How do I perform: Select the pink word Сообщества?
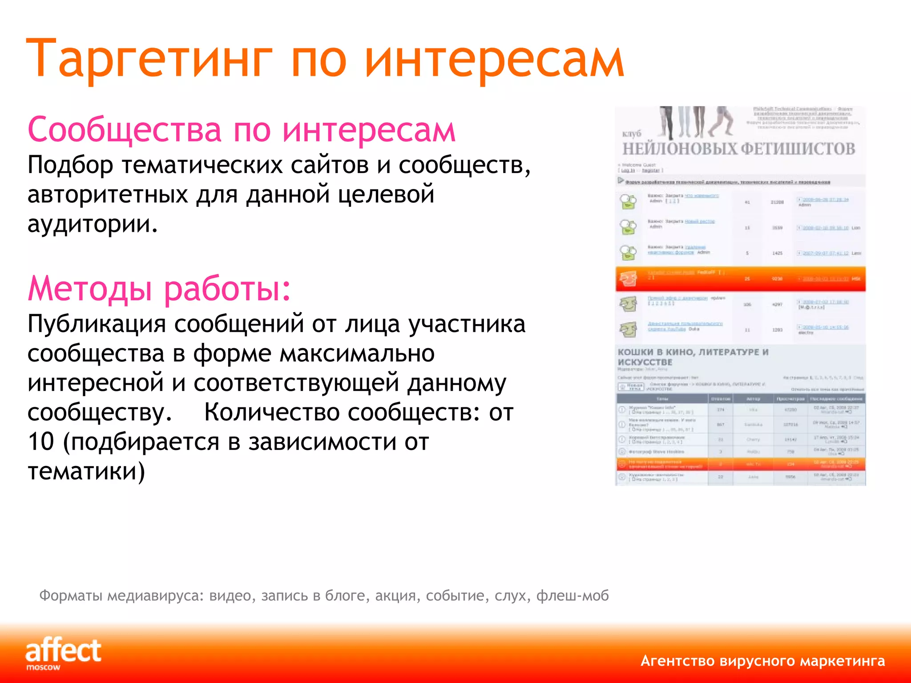tap(125, 130)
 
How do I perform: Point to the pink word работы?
tap(227, 289)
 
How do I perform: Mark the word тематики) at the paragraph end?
tap(86, 471)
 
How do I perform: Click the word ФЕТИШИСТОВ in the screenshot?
tap(798, 149)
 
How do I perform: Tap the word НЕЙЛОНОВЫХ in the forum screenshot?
tap(680, 149)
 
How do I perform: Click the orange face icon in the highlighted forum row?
tap(628, 279)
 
